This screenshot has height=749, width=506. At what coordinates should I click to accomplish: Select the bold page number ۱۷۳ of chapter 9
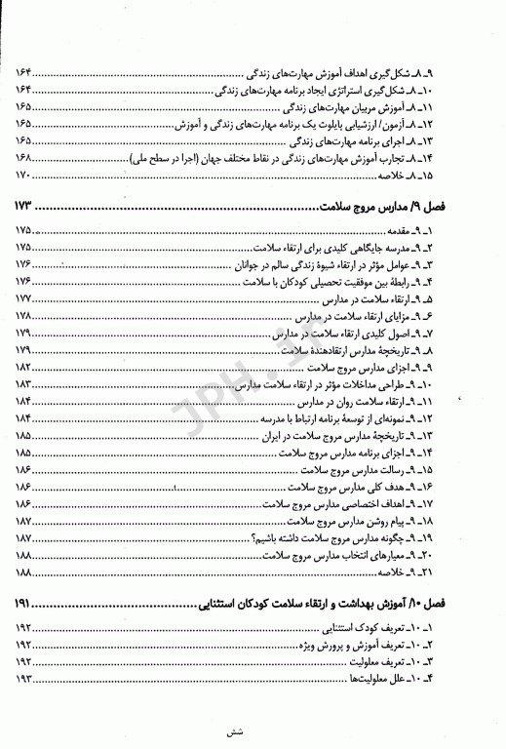[26, 208]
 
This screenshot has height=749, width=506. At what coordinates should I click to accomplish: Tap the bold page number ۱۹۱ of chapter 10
[26, 605]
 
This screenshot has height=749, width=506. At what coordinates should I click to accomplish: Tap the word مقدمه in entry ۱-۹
[438, 230]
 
